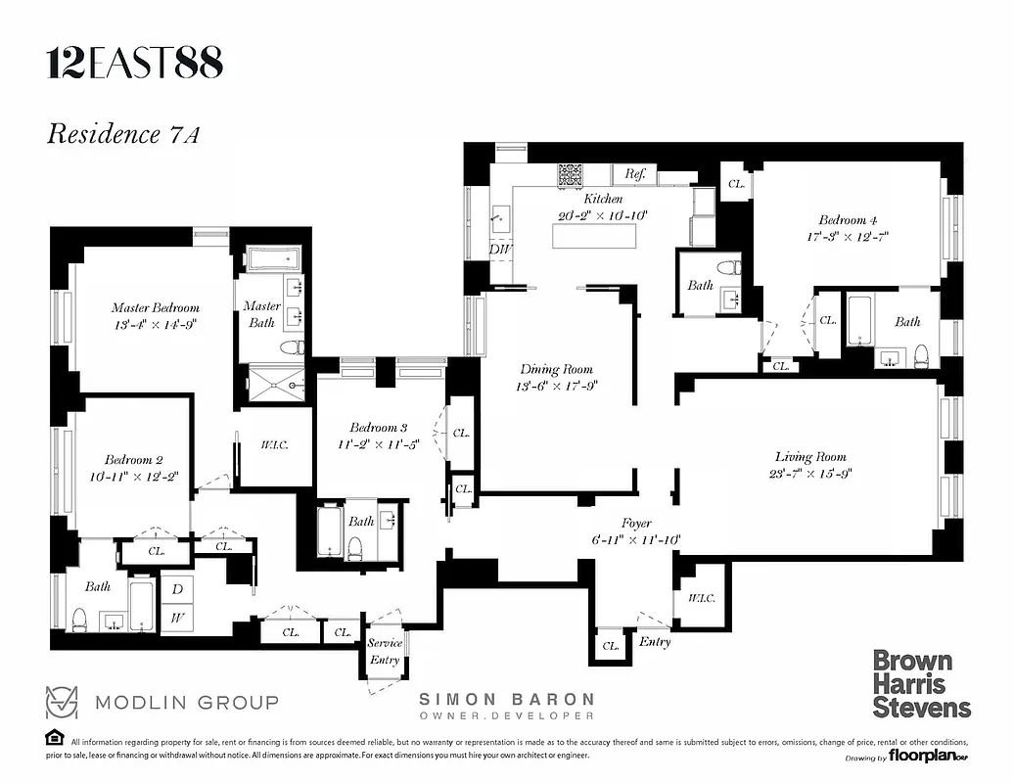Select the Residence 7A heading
[x=123, y=134]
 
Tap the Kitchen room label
[x=602, y=199]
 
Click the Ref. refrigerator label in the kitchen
[x=635, y=174]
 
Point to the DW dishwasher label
[x=500, y=249]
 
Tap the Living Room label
[x=810, y=456]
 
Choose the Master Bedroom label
[x=155, y=307]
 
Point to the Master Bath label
[x=262, y=314]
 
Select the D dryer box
[x=177, y=589]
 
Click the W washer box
[x=177, y=618]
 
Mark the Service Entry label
[x=385, y=652]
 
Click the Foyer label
[x=636, y=524]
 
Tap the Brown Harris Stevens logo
[x=921, y=683]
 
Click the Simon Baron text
[x=506, y=699]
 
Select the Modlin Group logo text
[x=186, y=702]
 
